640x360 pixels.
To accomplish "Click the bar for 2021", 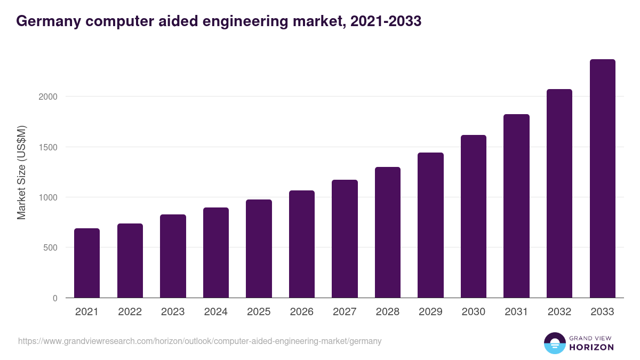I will (x=87, y=263).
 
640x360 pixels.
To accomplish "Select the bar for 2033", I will (x=603, y=179).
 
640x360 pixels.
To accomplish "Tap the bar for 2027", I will (x=345, y=239).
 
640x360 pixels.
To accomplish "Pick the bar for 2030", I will (x=474, y=217).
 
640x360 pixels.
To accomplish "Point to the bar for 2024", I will (x=216, y=253).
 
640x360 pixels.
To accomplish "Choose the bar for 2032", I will (x=559, y=194).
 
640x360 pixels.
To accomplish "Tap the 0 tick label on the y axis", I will (x=55, y=298).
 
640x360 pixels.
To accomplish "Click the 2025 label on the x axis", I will (x=259, y=312).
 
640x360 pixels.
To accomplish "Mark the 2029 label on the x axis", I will (x=430, y=312).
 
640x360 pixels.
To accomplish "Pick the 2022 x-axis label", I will (x=130, y=312).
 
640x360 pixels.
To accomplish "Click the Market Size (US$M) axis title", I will (x=21, y=172).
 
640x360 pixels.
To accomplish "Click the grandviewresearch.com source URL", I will (x=200, y=341).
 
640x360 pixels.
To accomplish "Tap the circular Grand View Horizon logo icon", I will (x=555, y=343).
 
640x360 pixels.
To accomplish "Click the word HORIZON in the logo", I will (x=591, y=347).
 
